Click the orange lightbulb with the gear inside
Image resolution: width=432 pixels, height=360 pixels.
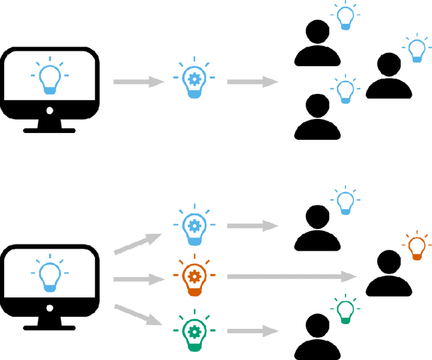(194, 277)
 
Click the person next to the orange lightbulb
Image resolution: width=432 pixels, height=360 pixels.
(389, 274)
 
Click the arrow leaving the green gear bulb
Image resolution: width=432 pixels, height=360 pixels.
(252, 331)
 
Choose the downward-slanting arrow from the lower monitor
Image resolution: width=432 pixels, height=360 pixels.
(138, 315)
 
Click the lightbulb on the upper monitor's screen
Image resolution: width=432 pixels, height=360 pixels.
(51, 78)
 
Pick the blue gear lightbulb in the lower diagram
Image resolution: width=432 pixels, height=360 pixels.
(194, 225)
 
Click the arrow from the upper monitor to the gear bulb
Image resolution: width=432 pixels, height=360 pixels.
(138, 82)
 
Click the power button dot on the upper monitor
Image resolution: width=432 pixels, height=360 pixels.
(49, 110)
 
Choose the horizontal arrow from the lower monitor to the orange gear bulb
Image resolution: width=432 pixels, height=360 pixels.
(138, 278)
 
